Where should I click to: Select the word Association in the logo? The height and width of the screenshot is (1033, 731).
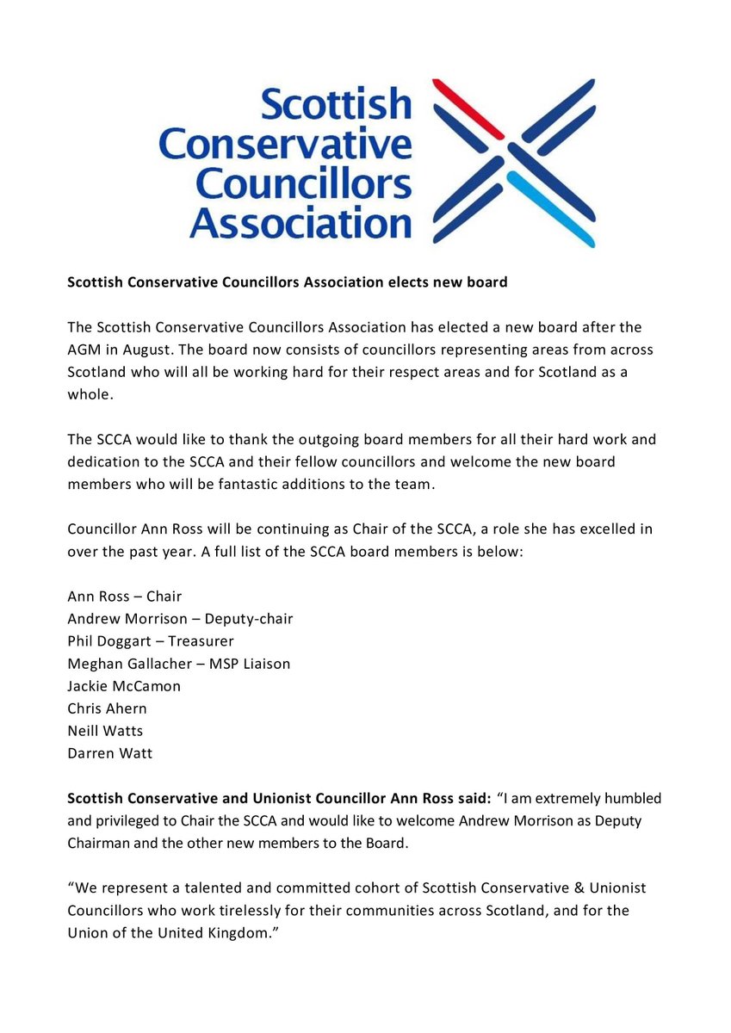coord(300,222)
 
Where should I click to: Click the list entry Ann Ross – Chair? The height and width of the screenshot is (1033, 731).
coord(125,596)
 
